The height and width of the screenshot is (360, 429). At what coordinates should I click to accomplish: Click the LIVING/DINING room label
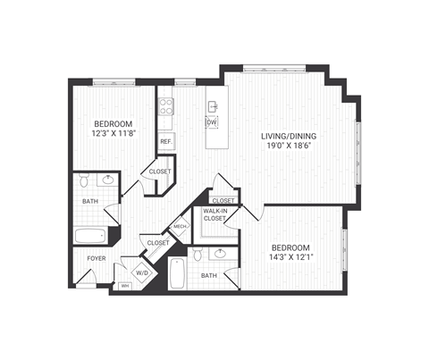(x=288, y=136)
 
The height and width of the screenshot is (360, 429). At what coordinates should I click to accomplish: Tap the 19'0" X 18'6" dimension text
(x=288, y=147)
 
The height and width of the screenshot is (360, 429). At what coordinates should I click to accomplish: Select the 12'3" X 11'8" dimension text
(x=114, y=133)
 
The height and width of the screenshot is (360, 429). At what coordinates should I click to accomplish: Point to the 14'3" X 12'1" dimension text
(x=291, y=259)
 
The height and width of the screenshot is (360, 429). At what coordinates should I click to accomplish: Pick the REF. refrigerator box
(x=166, y=141)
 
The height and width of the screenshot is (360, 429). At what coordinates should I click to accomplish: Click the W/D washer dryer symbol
(x=142, y=272)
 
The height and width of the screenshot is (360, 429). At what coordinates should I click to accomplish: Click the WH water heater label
(x=125, y=287)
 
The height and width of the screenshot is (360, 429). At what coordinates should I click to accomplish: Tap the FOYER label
(x=96, y=259)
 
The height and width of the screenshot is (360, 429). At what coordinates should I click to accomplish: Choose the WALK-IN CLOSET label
(x=214, y=214)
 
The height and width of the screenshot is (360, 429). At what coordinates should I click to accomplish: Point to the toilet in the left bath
(x=83, y=181)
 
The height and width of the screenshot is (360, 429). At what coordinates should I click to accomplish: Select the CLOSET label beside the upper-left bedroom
(x=160, y=172)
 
